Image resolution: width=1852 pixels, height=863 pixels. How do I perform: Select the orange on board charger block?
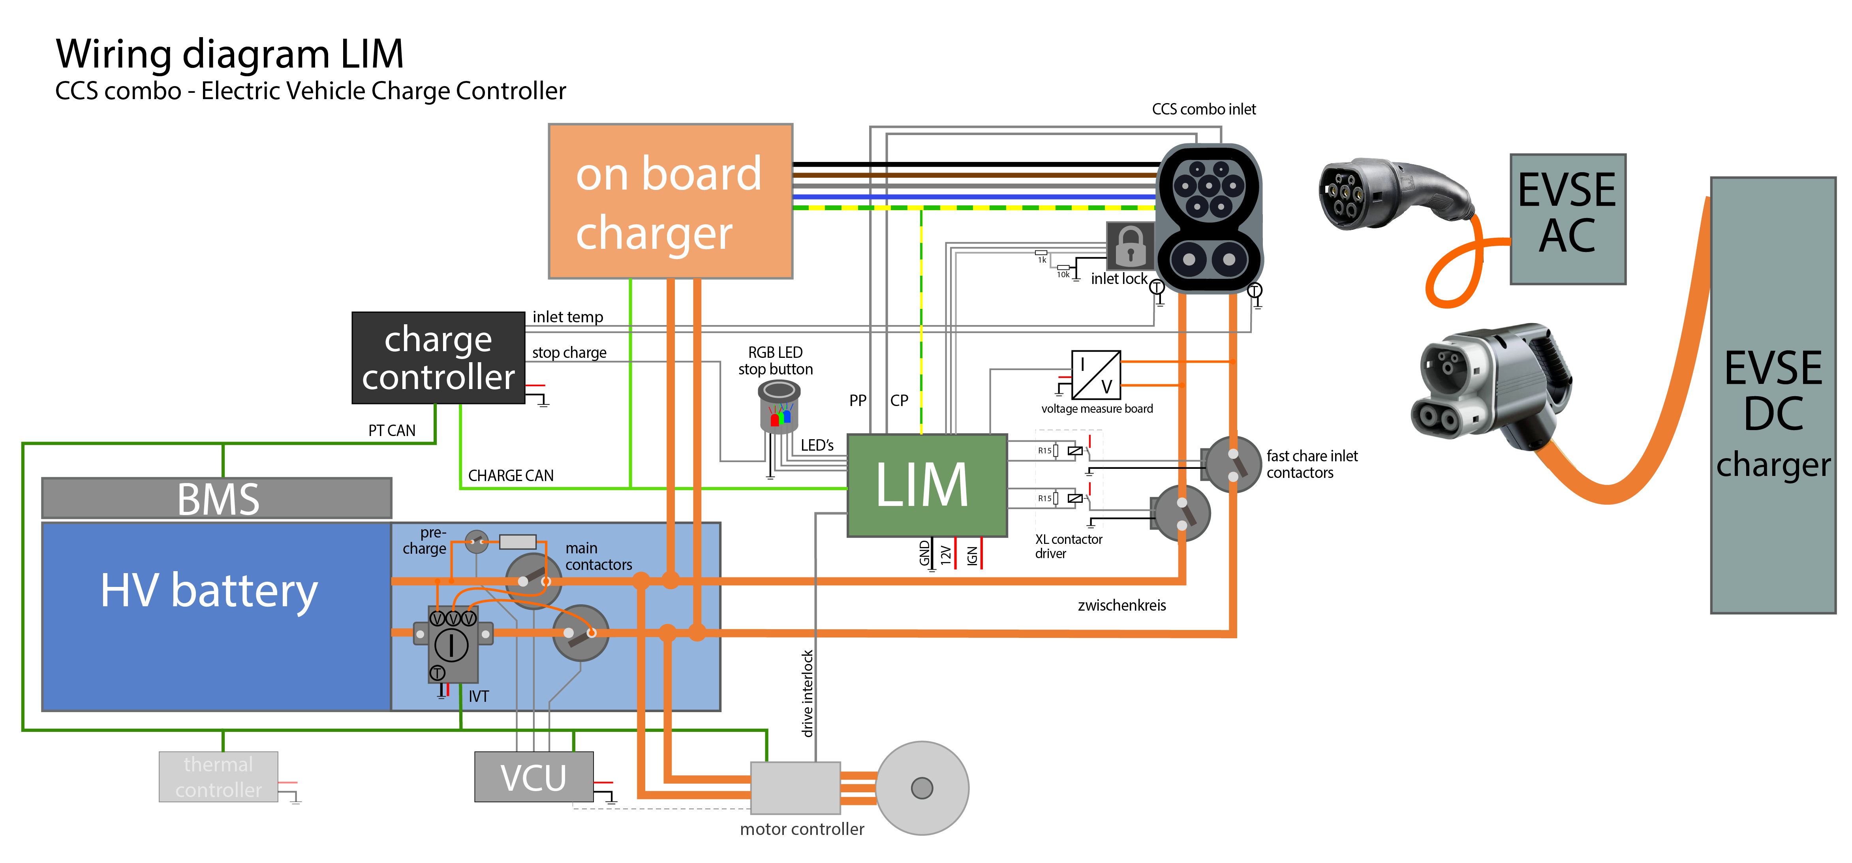click(x=670, y=201)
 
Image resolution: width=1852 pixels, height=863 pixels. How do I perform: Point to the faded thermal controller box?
click(x=218, y=777)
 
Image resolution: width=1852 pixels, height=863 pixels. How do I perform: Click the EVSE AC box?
click(x=1567, y=219)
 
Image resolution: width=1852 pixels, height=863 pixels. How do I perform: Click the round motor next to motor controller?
click(x=922, y=788)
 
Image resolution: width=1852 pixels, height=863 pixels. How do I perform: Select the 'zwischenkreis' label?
click(x=1121, y=605)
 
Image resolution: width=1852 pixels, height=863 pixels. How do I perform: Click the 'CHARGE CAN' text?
click(x=511, y=476)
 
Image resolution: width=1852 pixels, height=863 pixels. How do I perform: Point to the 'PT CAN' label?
click(x=392, y=431)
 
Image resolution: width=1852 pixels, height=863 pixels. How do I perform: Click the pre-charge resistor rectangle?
click(x=518, y=541)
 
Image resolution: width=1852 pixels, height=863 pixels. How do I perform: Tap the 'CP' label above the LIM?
click(x=899, y=400)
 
